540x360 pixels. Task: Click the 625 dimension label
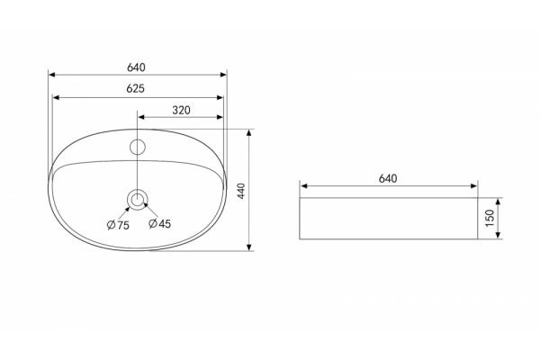[135, 88]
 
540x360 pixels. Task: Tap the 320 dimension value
[181, 110]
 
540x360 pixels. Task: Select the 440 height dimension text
[241, 191]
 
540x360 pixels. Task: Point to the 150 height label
[490, 218]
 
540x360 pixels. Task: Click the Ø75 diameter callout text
[118, 225]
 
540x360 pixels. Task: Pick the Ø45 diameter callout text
[159, 223]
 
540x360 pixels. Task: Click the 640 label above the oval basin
[136, 67]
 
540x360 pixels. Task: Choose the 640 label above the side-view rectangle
[388, 178]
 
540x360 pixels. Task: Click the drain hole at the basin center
[138, 192]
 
